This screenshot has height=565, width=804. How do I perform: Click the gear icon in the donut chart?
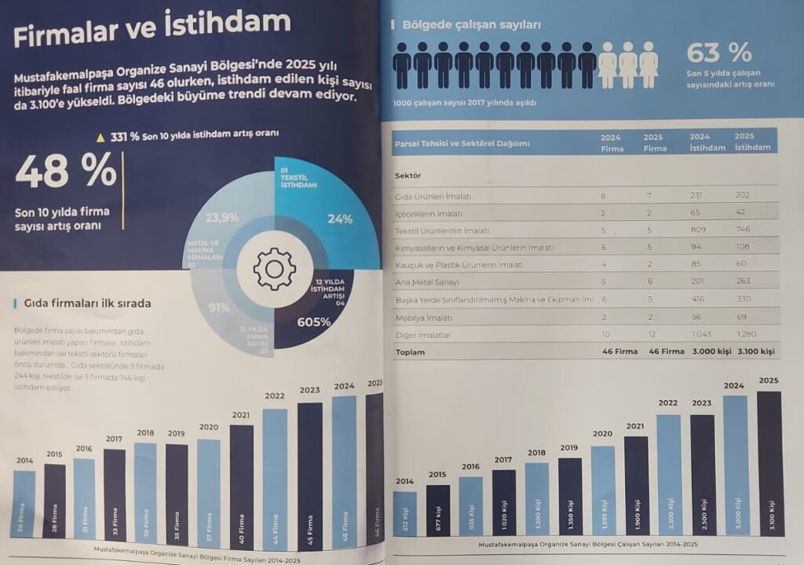coord(274,269)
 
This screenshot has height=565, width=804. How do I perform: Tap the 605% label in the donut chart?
coord(313,322)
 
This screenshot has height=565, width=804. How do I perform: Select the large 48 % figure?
coord(66,172)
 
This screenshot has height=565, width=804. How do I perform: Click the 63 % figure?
coord(718,53)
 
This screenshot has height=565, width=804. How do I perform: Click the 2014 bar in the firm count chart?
coord(24,503)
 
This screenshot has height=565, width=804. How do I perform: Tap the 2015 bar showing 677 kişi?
coord(438,510)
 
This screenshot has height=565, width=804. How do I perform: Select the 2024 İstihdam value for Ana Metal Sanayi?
coord(701,281)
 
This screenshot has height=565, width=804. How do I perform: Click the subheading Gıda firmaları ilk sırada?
coord(87,303)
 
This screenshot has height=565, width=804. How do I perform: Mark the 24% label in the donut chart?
coord(340,219)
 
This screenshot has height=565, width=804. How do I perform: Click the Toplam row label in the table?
coord(410,352)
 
